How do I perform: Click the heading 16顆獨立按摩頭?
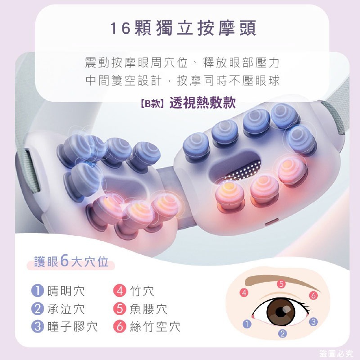click(x=183, y=28)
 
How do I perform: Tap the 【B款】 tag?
click(x=153, y=103)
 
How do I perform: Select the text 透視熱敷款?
click(x=202, y=103)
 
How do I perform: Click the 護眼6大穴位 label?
click(x=72, y=262)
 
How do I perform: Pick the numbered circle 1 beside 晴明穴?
click(x=37, y=291)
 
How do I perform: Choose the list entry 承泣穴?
click(x=66, y=309)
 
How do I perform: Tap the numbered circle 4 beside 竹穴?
click(x=119, y=291)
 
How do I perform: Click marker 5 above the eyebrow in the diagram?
click(x=281, y=284)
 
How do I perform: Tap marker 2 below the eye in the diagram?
click(x=283, y=333)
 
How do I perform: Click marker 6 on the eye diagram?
click(x=314, y=296)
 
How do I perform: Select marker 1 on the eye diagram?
click(x=246, y=323)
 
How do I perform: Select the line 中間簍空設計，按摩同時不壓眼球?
click(x=183, y=81)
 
